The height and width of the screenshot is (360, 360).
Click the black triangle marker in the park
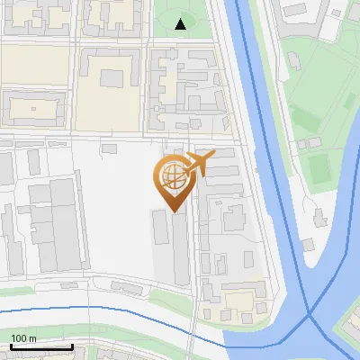point(181,24)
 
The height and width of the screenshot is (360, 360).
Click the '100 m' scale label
point(23,338)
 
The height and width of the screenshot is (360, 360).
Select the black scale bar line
point(41,346)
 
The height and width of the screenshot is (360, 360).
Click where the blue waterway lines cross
point(309,314)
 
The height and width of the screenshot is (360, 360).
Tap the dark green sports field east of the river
point(319,168)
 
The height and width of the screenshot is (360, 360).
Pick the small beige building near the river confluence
point(238,301)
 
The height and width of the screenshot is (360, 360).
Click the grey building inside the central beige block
point(112,77)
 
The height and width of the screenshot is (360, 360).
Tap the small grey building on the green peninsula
point(318,216)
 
